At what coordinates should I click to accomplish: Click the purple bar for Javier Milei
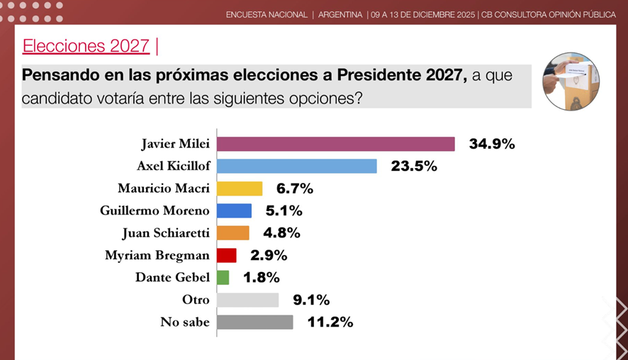(x=335, y=144)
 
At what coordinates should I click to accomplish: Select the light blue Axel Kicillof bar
(x=296, y=166)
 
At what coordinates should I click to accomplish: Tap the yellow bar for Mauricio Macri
(x=240, y=189)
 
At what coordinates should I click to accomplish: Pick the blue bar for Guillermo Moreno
(x=234, y=210)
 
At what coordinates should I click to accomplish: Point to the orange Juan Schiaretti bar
(x=232, y=232)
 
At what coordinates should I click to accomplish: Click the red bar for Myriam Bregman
(x=226, y=255)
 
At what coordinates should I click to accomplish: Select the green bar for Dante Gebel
(x=223, y=277)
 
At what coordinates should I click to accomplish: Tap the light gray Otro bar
(x=247, y=300)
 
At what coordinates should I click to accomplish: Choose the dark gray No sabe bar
(x=254, y=322)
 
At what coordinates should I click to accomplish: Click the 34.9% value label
(x=491, y=144)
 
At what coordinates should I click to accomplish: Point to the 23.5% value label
(x=413, y=167)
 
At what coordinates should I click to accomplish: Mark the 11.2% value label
(x=330, y=322)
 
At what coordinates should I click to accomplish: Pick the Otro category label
(x=196, y=300)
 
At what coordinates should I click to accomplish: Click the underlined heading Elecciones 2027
(x=86, y=46)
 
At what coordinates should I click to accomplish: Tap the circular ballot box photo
(x=571, y=81)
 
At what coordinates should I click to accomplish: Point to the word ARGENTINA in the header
(x=340, y=15)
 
